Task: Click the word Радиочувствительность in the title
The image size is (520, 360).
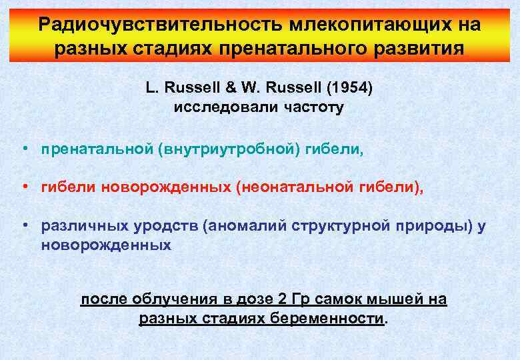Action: (x=159, y=25)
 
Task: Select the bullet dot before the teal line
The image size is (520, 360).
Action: (x=24, y=150)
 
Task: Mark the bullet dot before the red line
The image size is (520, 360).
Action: (x=24, y=189)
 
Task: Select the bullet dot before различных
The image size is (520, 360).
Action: (x=24, y=227)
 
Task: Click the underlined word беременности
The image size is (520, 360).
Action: (x=327, y=318)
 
